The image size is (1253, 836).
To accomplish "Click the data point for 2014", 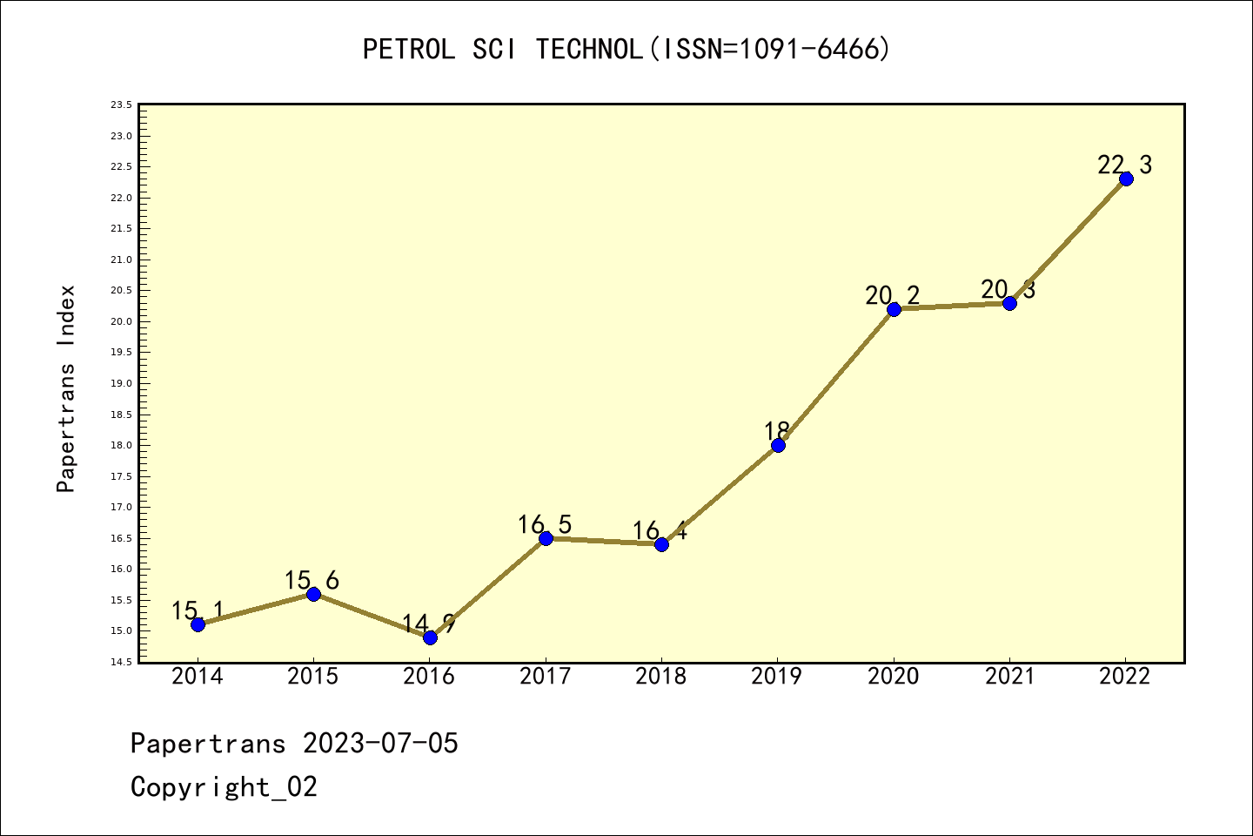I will pos(198,624).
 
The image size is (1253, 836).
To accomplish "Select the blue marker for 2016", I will pos(430,637).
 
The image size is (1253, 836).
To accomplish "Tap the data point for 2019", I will pos(778,445).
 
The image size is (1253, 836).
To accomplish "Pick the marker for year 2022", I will pos(1126,179).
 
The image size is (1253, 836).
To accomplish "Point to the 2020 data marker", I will pos(894,309).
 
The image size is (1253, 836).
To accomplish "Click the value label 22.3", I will pos(1124,165).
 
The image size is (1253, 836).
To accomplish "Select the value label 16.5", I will pos(545,525).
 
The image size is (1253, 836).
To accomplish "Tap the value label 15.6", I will pos(312,581).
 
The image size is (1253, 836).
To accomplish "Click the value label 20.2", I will pos(892,296).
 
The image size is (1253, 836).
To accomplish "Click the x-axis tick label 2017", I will pos(546,677).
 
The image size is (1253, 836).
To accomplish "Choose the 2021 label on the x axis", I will pos(1009,677).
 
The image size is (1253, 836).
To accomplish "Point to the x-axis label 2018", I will pos(661,677).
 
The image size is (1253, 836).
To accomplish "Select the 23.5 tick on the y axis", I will pos(121,105).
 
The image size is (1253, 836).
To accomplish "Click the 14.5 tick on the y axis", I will pos(121,663).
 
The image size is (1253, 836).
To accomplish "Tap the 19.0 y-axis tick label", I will pos(121,384).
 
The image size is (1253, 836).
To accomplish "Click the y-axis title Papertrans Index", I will pos(67,388).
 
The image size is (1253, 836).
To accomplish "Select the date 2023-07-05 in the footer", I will pos(380,744).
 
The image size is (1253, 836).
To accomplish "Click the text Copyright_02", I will pos(224,787).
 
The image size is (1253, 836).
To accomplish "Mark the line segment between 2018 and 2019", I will pos(720,495).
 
